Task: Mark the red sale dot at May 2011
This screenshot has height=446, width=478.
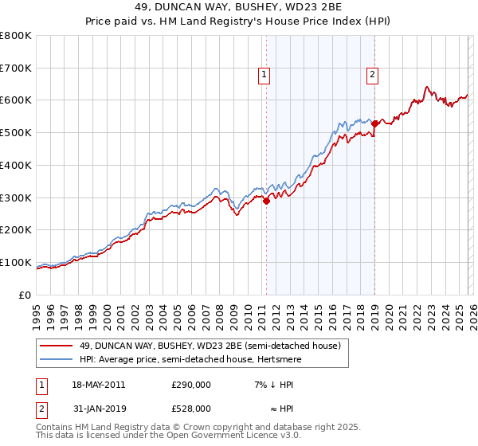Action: pos(267,201)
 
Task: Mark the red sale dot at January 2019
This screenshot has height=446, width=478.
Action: pos(374,123)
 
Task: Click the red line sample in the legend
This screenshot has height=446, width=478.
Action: pos(57,346)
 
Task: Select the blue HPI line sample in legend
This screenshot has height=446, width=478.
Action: pos(57,359)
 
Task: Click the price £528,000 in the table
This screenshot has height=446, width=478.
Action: pos(190,408)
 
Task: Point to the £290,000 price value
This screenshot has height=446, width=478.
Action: pos(190,385)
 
